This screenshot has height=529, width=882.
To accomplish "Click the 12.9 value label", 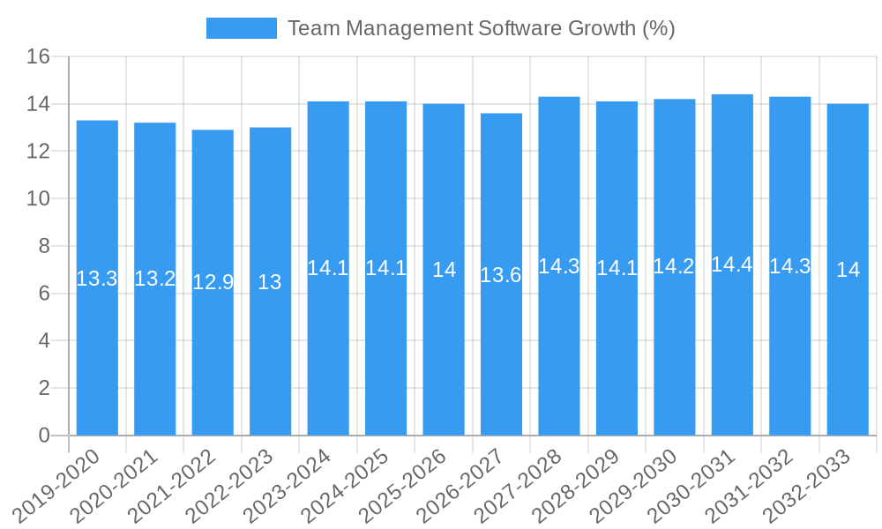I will tap(213, 282).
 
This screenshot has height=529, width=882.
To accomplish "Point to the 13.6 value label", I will tap(501, 275).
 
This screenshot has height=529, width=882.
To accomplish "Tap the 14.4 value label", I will tap(732, 264).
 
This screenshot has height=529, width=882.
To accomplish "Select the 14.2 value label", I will tap(674, 266).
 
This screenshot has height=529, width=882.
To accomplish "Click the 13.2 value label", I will tap(155, 279).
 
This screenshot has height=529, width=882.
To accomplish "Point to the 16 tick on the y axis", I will tap(38, 57).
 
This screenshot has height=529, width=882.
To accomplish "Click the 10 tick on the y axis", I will tap(38, 199).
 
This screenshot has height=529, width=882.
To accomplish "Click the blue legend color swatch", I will tap(242, 28).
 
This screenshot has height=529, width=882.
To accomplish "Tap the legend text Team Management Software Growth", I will tap(481, 28).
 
